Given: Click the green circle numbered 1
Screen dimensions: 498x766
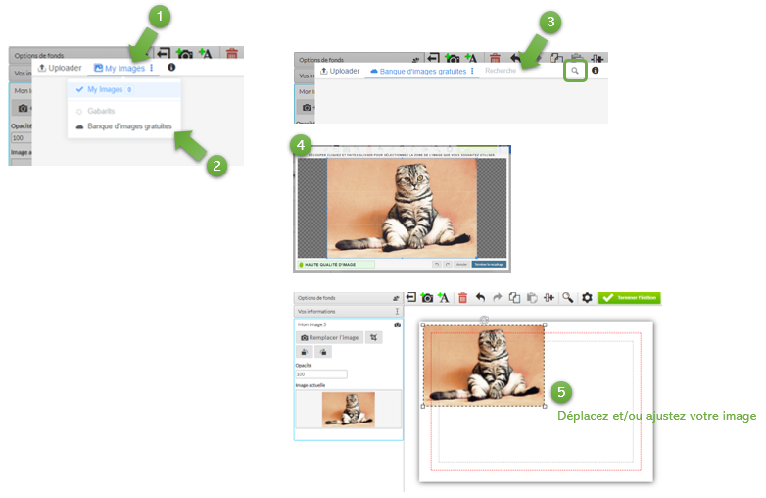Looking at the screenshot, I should click(x=160, y=17).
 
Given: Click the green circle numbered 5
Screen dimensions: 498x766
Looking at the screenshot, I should click(x=559, y=392).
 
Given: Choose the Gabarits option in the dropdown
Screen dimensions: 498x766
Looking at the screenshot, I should click(x=101, y=111).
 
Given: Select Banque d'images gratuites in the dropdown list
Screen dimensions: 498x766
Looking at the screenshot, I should click(x=129, y=126).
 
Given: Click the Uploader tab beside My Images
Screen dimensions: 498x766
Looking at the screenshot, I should click(x=60, y=68).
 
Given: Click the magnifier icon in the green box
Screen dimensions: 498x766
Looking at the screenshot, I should click(x=575, y=71).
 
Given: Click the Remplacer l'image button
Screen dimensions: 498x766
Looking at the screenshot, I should click(x=330, y=337).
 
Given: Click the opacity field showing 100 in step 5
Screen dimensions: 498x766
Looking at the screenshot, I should click(x=320, y=373).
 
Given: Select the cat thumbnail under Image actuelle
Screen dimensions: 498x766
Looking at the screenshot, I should click(x=349, y=409).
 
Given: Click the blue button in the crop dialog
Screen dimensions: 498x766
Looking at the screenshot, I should click(x=488, y=264).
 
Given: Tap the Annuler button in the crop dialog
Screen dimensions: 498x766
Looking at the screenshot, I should click(x=461, y=264).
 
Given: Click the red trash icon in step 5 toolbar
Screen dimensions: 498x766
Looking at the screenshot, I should click(x=462, y=297).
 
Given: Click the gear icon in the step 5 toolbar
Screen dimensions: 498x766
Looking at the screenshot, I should click(x=587, y=297).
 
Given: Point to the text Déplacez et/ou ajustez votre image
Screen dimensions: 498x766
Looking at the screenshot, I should click(x=656, y=416).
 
